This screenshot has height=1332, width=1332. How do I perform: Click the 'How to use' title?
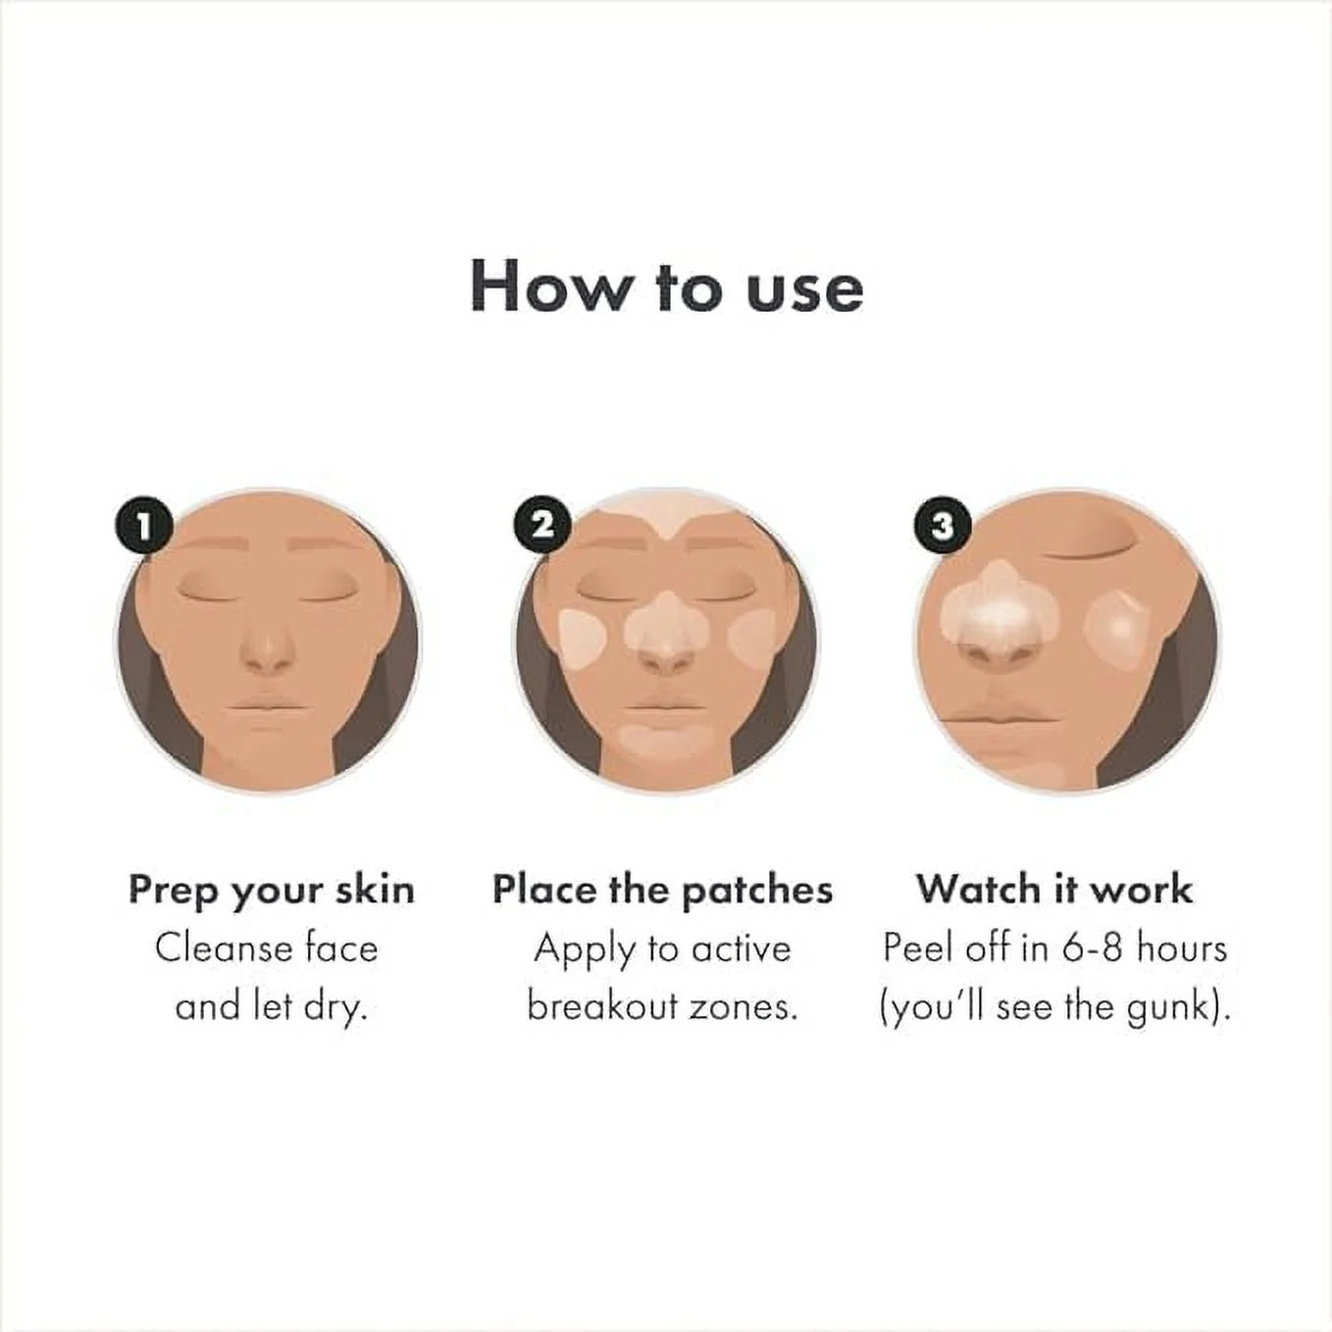(666, 286)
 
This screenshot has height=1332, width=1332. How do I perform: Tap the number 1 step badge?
(143, 527)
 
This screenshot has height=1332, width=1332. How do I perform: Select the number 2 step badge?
(543, 526)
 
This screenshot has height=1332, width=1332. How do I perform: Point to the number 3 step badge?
(942, 526)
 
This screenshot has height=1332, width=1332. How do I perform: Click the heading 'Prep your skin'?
(272, 890)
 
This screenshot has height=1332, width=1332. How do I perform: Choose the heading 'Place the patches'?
(662, 890)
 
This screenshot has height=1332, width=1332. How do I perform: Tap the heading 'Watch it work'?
(1054, 890)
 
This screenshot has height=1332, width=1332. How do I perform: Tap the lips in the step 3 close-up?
(991, 714)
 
